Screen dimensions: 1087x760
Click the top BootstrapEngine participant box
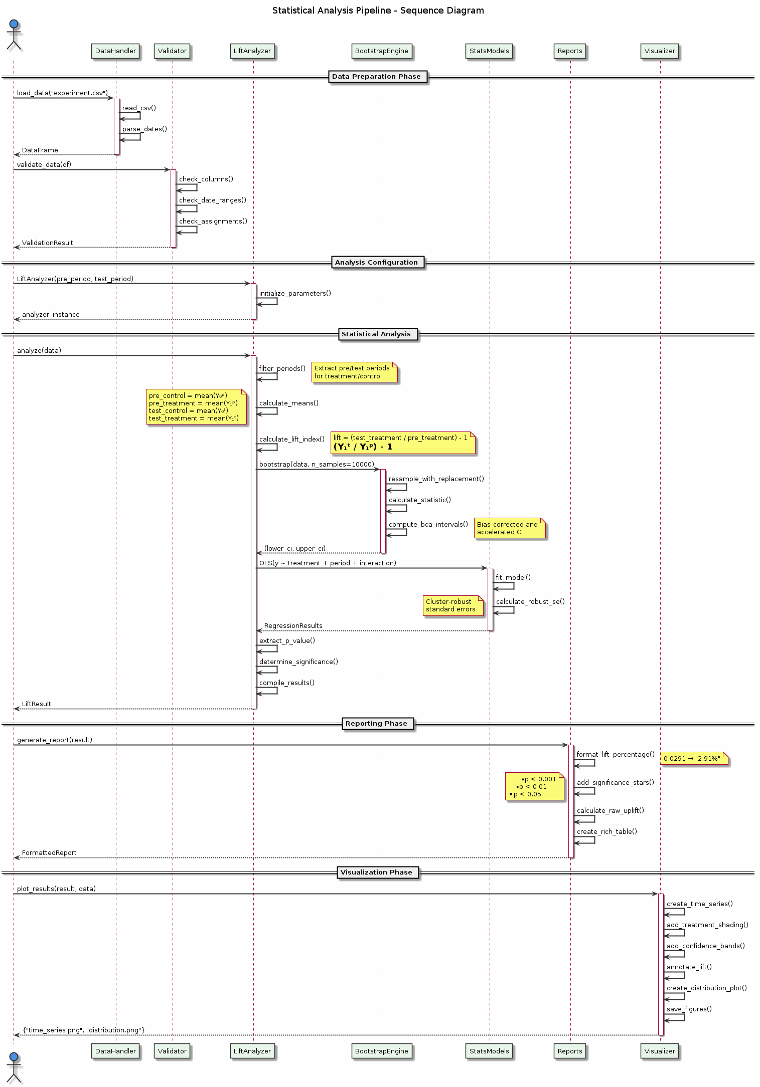pos(382,51)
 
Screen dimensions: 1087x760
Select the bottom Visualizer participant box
pos(660,1051)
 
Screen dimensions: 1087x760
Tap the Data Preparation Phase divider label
pos(376,77)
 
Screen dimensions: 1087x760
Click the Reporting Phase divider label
pos(376,724)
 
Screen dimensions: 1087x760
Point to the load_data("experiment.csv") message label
pos(62,93)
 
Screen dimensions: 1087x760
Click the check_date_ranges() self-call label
pos(213,200)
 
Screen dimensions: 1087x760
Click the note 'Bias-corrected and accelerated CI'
pos(509,528)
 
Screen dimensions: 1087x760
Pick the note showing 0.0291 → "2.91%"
pos(693,759)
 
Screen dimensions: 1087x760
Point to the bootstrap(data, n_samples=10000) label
pos(317,465)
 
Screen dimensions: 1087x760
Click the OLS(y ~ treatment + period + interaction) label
pos(328,563)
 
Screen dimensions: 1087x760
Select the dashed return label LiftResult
pos(36,704)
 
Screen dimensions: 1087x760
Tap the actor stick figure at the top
pos(14,35)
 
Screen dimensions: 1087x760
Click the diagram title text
pos(378,11)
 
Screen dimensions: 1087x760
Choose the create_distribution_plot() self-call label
pos(706,988)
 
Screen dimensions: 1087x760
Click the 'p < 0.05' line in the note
pos(527,794)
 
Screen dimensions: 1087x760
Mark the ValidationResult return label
pos(47,243)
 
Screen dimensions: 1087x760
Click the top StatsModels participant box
pos(489,51)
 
